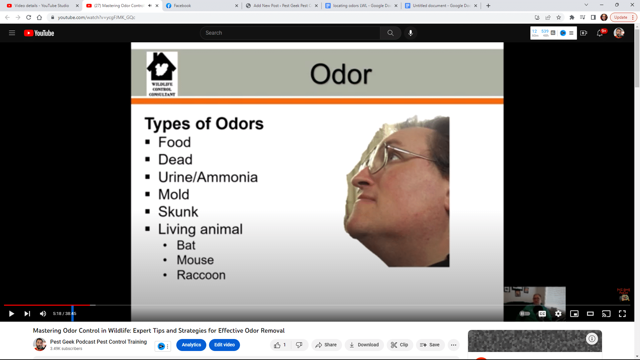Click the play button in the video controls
click(x=11, y=314)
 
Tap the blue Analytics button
click(x=191, y=345)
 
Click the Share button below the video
click(x=326, y=345)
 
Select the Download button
click(x=364, y=345)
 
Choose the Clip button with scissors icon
click(x=399, y=345)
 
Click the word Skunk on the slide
click(x=178, y=212)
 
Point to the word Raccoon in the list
click(x=201, y=275)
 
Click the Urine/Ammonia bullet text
click(x=208, y=177)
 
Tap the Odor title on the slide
click(x=341, y=74)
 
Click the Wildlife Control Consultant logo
click(x=162, y=74)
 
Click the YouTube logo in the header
click(x=39, y=33)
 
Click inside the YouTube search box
click(x=290, y=33)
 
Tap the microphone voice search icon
click(x=411, y=33)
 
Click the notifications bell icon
click(x=600, y=33)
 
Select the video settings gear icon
click(x=558, y=314)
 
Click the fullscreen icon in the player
click(x=622, y=314)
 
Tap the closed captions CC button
click(x=542, y=314)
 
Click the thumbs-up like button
click(x=277, y=345)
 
